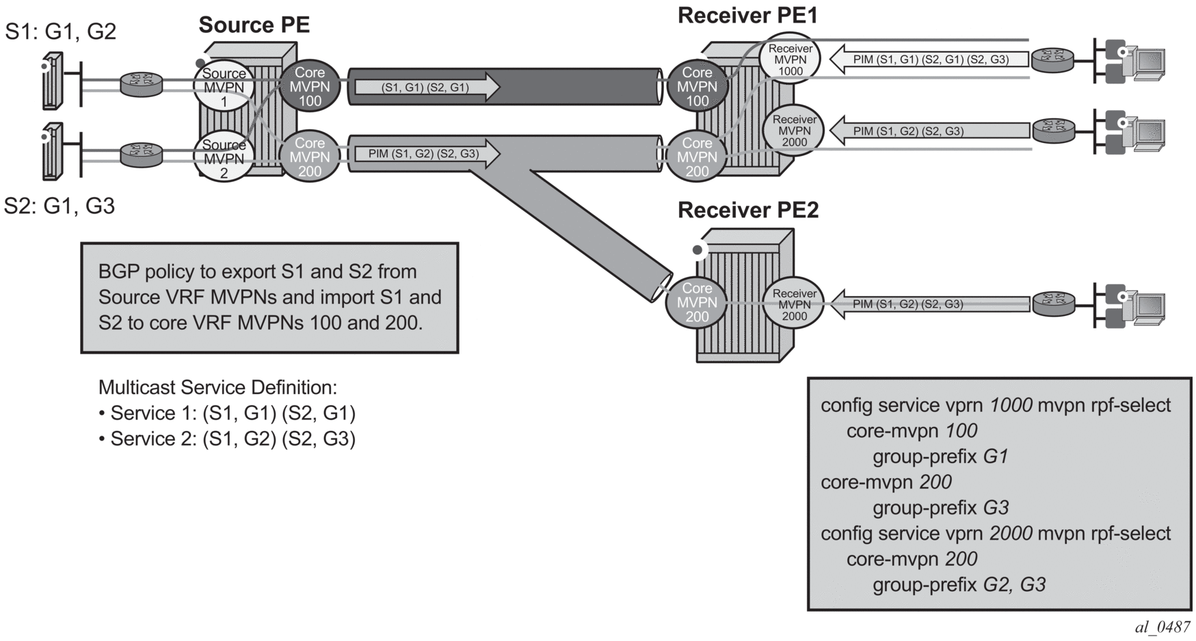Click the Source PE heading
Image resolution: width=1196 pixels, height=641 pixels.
click(254, 25)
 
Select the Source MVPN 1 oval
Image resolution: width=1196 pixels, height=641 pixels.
click(224, 88)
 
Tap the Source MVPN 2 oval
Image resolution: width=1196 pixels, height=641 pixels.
click(224, 159)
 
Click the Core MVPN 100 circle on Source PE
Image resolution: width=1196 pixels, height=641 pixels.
click(310, 87)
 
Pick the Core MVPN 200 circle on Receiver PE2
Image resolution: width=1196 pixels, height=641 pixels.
click(697, 302)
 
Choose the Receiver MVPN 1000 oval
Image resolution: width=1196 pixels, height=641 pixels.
click(790, 60)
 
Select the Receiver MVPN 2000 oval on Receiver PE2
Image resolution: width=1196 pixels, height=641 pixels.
click(794, 304)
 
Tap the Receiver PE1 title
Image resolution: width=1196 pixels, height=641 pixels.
click(747, 16)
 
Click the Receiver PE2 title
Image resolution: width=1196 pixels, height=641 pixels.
click(747, 210)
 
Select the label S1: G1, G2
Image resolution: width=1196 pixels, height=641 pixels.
click(61, 31)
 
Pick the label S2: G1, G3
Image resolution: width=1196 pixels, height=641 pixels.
click(59, 206)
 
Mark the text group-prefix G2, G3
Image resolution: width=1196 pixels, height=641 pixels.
click(959, 585)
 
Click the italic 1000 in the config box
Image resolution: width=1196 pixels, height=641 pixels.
click(1011, 406)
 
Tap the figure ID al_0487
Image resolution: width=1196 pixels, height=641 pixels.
click(1162, 627)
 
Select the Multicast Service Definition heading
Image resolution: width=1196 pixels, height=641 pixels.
click(217, 388)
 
